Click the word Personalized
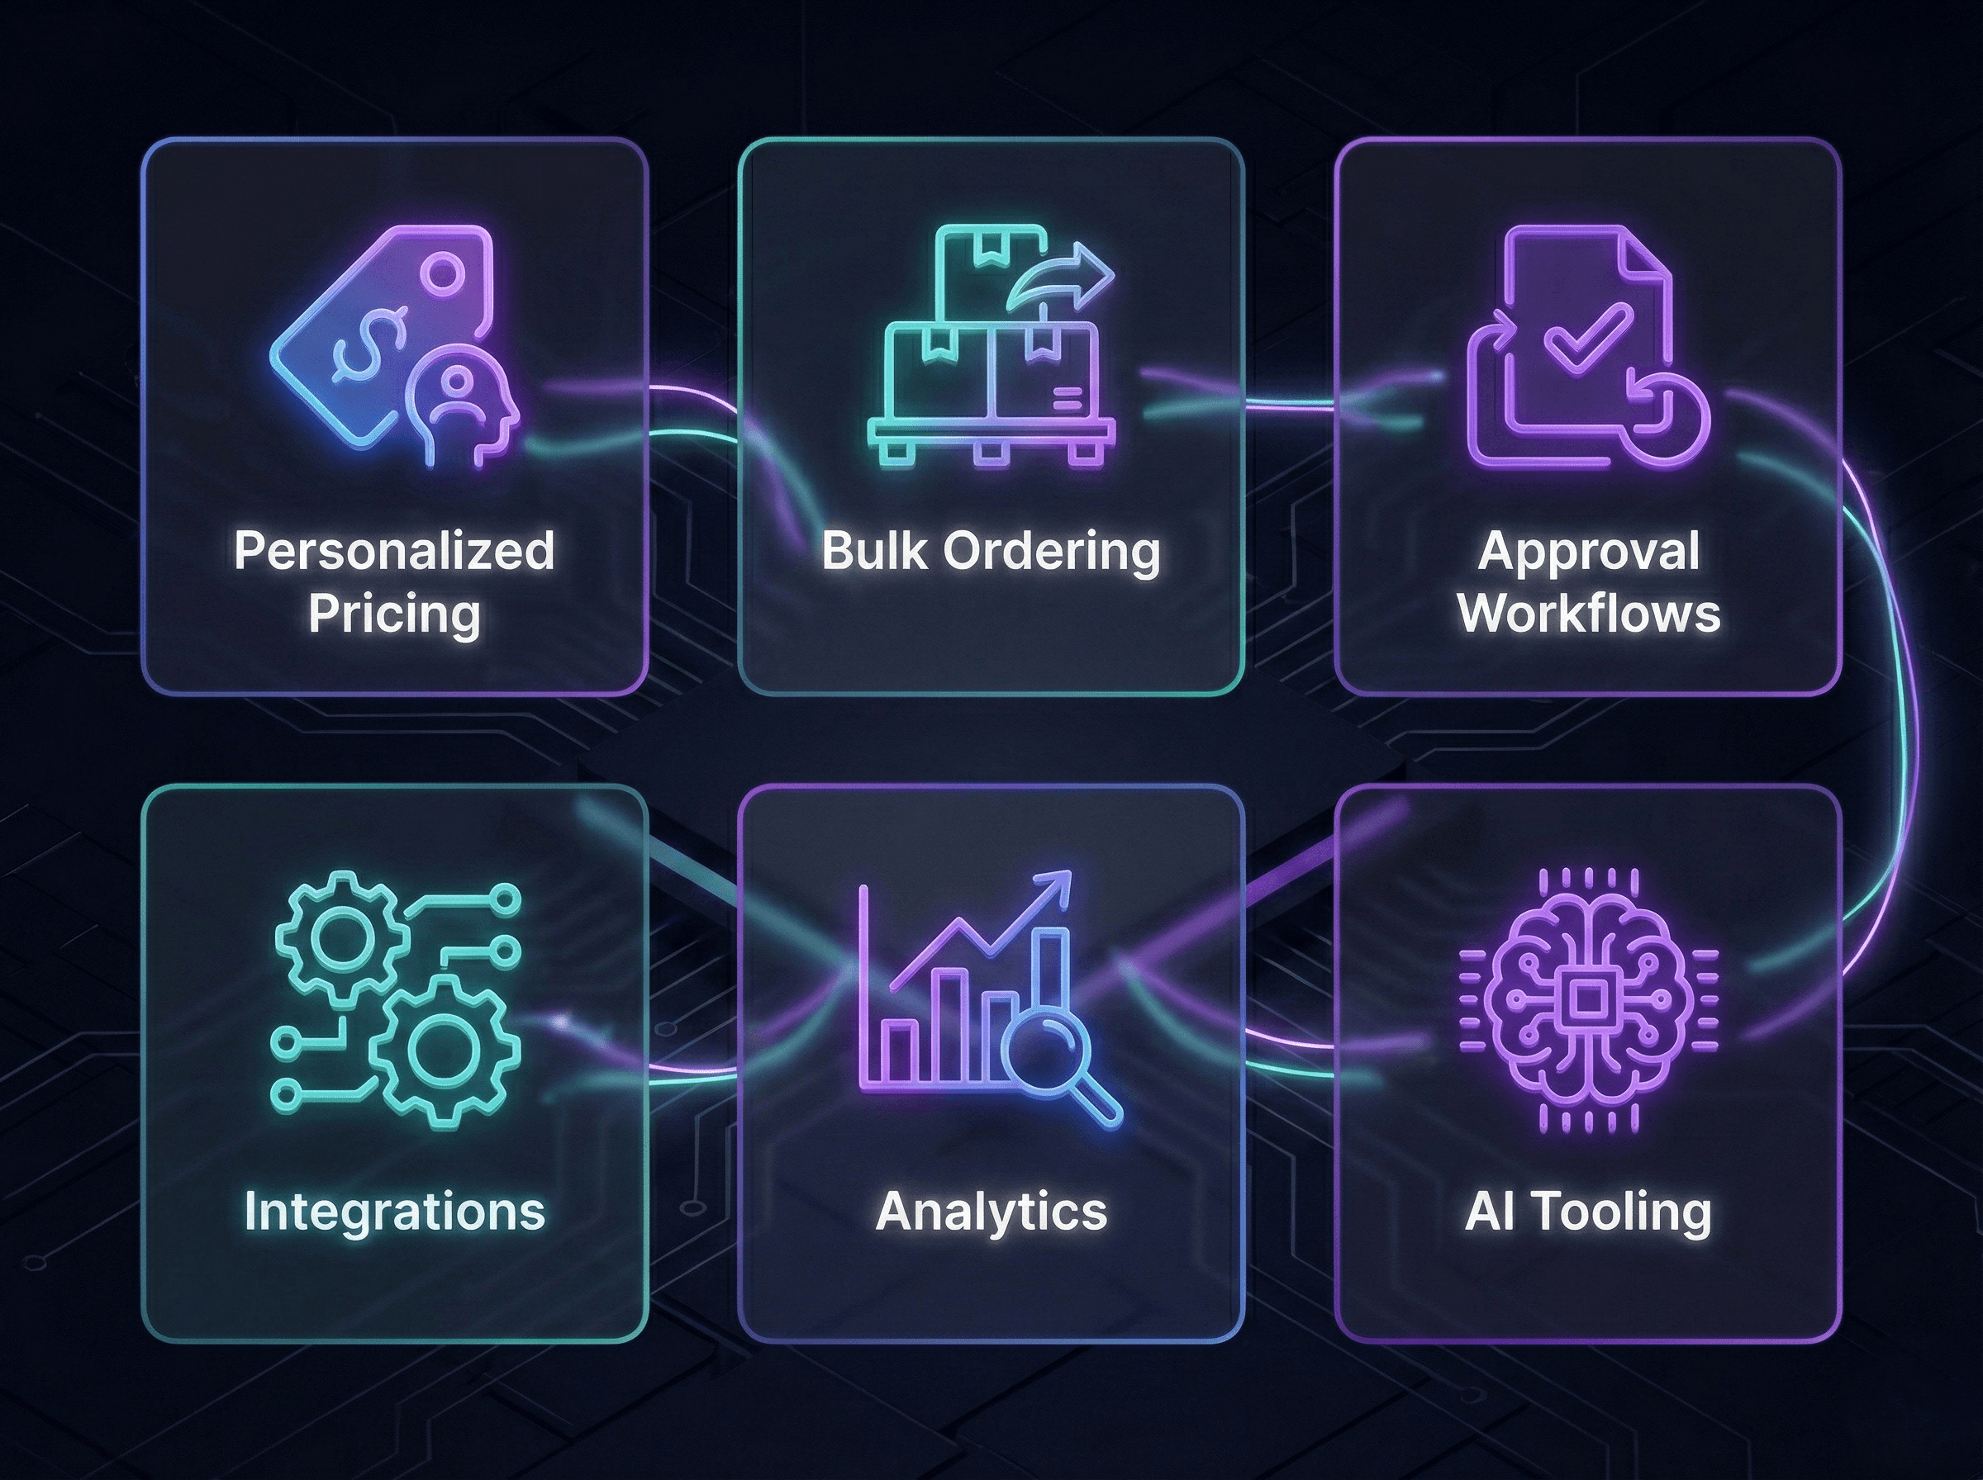[x=394, y=550]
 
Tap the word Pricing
[x=394, y=614]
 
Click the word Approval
[x=1588, y=550]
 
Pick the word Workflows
[x=1588, y=614]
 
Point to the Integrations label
[x=394, y=1212]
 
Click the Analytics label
[x=991, y=1212]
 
